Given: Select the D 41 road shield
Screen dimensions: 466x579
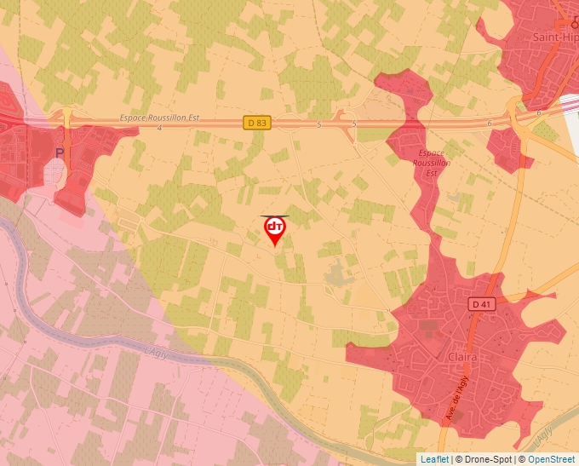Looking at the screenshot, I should tap(481, 303).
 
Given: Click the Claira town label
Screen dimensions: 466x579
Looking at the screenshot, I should tap(462, 358).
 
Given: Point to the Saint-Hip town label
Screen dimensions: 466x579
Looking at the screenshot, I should tap(555, 37).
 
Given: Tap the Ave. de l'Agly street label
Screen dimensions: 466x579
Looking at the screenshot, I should tap(457, 398).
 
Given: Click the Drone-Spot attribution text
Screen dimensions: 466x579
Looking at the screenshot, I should tap(490, 459).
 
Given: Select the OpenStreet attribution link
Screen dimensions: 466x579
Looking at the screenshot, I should tap(551, 459).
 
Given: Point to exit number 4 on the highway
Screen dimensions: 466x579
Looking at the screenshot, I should tap(159, 127).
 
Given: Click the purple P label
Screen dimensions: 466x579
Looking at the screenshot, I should tap(60, 152).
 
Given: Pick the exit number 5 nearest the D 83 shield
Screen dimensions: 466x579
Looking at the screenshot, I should tap(318, 124).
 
